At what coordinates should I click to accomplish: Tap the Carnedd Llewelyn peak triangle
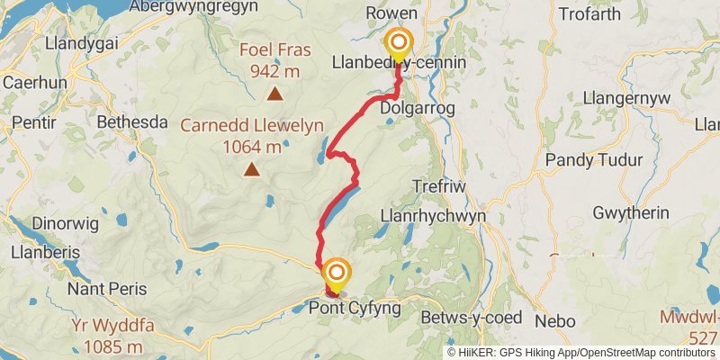tap(253, 168)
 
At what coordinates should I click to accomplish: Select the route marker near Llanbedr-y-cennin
tap(397, 43)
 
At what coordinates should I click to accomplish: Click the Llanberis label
tap(40, 253)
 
